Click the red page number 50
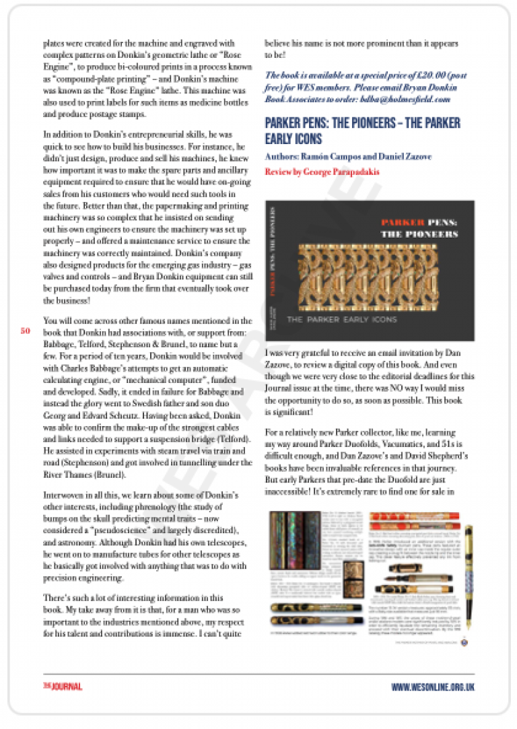(x=25, y=331)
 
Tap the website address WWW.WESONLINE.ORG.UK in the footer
(x=433, y=687)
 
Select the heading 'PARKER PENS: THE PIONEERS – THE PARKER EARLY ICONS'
(x=363, y=131)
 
